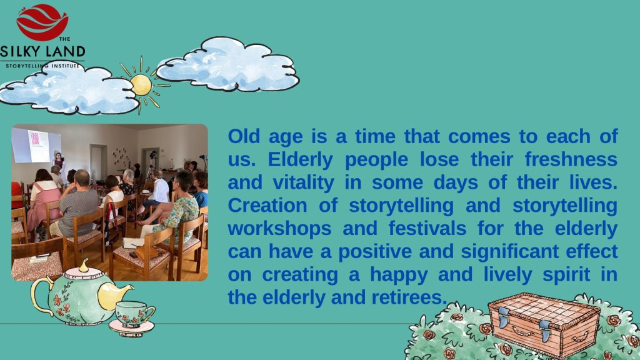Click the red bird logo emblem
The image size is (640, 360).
pos(42,22)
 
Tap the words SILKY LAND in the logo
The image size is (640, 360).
pos(42,52)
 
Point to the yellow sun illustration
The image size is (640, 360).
pos(142,85)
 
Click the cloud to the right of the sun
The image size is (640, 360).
pos(227,64)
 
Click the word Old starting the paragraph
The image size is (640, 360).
pos(244,136)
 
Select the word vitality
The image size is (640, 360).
pos(303,183)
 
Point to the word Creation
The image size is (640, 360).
pos(267,205)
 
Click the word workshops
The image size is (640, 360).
pos(279,229)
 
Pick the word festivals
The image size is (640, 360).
pos(427,228)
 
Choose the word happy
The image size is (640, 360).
pos(399,275)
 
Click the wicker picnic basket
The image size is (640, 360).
pos(544,324)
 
